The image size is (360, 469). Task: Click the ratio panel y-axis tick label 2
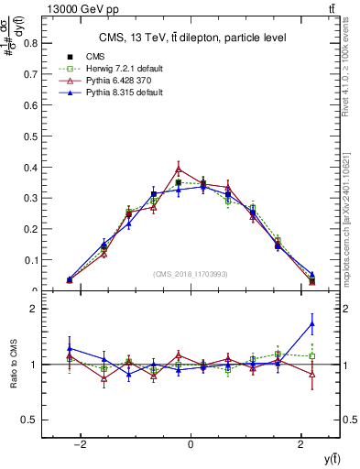tap(38, 310)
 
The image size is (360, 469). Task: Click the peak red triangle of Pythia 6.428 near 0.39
tap(179, 169)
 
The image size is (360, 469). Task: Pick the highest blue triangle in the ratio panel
tap(312, 323)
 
